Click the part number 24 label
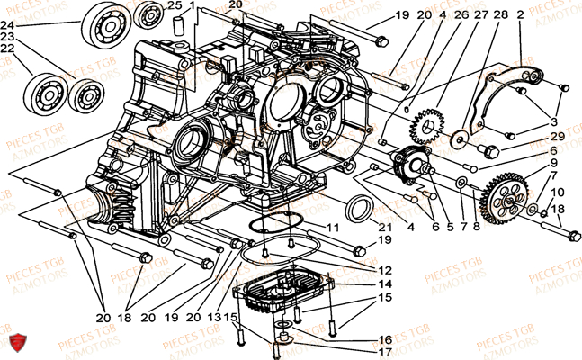click(x=7, y=25)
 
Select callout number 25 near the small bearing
click(x=175, y=5)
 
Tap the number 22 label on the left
click(x=7, y=49)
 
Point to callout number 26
click(x=461, y=14)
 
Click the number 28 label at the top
click(x=500, y=14)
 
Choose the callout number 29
click(x=558, y=136)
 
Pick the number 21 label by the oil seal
click(x=385, y=228)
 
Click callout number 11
click(x=333, y=228)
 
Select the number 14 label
click(x=385, y=283)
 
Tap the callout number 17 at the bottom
click(x=385, y=352)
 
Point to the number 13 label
click(x=214, y=318)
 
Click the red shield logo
click(x=18, y=342)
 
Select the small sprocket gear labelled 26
click(x=426, y=127)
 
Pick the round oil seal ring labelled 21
click(x=359, y=209)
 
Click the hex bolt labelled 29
click(x=488, y=151)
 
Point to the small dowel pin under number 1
click(x=179, y=25)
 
